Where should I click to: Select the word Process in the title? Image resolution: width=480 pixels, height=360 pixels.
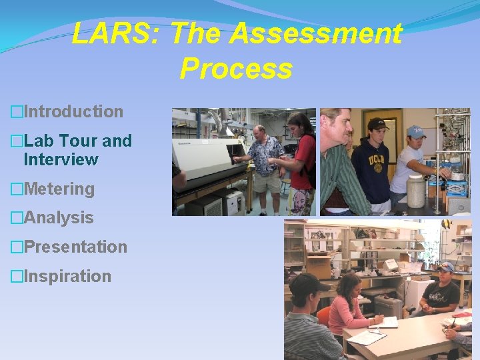click(236, 68)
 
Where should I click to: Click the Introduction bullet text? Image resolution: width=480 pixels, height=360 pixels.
click(73, 111)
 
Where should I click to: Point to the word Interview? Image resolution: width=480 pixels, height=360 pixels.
click(61, 160)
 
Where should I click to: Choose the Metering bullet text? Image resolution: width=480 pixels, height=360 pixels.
click(59, 189)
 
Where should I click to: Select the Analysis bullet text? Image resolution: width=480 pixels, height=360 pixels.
click(59, 218)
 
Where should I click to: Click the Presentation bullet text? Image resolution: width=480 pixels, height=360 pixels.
click(75, 247)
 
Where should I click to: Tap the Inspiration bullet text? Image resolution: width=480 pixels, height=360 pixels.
click(67, 276)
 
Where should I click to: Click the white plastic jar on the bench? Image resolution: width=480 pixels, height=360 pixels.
click(416, 192)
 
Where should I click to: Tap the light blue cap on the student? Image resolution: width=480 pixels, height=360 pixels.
click(416, 131)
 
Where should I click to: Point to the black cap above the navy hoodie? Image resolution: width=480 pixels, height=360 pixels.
click(377, 124)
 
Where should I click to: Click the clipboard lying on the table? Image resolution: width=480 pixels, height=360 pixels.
click(366, 337)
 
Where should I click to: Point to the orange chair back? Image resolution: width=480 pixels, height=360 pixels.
click(323, 319)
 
